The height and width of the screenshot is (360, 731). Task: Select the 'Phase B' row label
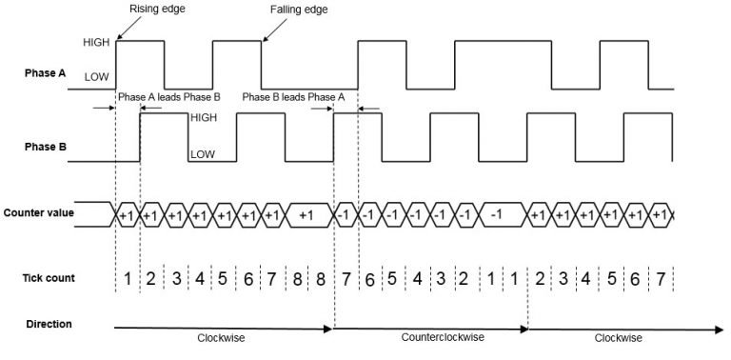point(44,148)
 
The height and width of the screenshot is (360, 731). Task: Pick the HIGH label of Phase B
point(204,117)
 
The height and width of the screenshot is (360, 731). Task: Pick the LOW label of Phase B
point(203,152)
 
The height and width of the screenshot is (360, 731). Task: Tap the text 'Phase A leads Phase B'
point(168,97)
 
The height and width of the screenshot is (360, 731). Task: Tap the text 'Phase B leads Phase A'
point(293,97)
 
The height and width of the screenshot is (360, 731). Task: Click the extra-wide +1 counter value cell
point(305,215)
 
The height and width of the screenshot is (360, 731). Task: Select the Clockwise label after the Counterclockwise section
point(619,337)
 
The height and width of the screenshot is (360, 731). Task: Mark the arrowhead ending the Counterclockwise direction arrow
point(524,329)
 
